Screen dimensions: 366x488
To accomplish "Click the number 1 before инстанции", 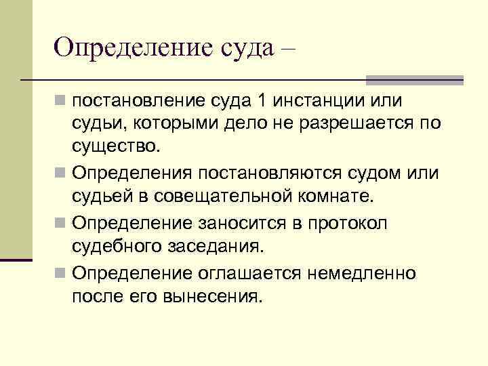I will pyautogui.click(x=261, y=101).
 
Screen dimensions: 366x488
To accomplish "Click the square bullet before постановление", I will pyautogui.click(x=62, y=102).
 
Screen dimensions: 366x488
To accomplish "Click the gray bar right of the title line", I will pyautogui.click(x=414, y=79).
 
